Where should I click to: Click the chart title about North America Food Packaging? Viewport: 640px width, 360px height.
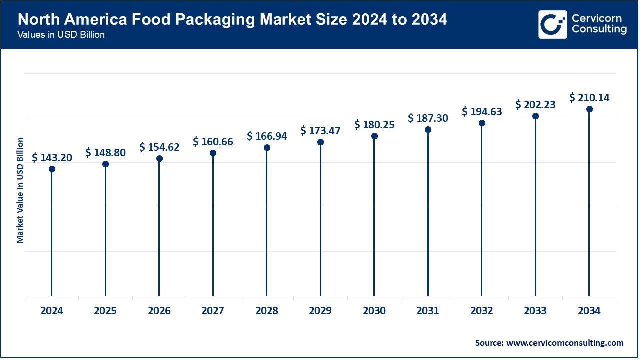232,20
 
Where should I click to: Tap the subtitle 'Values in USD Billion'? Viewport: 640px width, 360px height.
61,35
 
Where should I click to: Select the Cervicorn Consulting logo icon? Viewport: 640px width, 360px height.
552,24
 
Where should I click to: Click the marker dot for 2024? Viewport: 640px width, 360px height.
52,169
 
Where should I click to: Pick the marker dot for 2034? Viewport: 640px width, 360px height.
589,109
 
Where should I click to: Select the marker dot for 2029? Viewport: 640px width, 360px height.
320,142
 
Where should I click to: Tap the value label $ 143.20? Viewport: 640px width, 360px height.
52,158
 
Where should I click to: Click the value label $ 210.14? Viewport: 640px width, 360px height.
589,98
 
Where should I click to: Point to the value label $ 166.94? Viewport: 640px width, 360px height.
267,136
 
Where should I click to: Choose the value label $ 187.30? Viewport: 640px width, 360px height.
428,118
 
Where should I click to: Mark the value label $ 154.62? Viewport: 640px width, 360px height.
159,147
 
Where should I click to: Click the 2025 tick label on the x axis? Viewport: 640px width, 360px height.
105,311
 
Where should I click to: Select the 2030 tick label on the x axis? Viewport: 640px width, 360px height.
374,311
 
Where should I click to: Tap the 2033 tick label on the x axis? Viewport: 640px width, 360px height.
535,311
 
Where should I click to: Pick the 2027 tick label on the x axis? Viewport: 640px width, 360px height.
213,311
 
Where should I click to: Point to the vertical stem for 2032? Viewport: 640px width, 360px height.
482,210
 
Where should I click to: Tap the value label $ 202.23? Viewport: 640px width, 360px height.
535,105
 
